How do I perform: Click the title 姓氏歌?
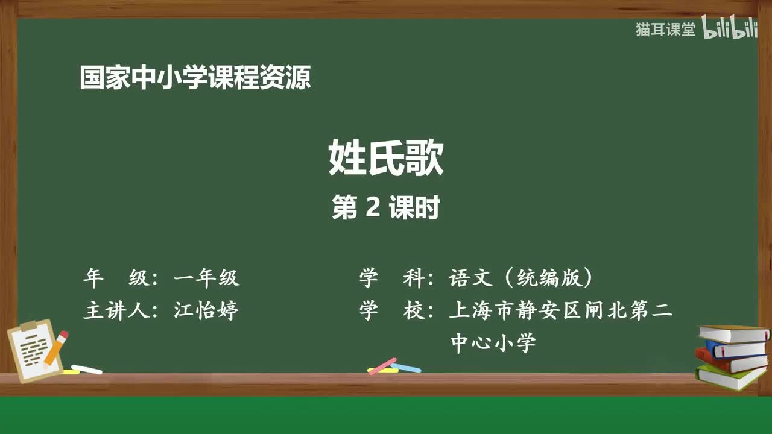pos(386,159)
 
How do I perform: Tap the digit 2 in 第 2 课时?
pos(372,208)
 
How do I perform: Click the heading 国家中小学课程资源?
pos(195,78)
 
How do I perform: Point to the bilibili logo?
pos(730,29)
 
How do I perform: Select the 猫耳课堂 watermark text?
pos(665,30)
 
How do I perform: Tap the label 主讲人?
pos(114,310)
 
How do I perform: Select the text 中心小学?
pos(493,343)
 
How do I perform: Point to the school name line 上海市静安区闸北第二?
pos(560,310)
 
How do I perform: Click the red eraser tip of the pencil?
pos(63,335)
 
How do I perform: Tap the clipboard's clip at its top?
pos(28,327)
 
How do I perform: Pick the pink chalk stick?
pos(382,366)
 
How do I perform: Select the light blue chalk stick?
pos(405,367)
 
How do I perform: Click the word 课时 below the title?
pos(414,208)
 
